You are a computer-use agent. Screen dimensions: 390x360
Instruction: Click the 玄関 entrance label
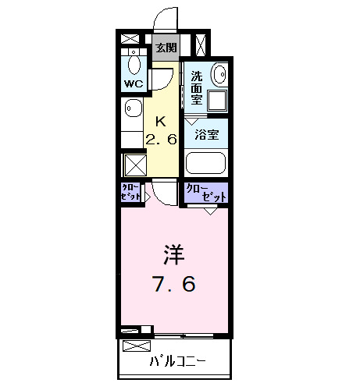[165, 48]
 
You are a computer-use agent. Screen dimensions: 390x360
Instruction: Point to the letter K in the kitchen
[161, 121]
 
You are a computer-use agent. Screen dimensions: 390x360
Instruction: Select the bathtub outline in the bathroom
[206, 163]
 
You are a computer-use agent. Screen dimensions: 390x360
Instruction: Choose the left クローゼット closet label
[131, 192]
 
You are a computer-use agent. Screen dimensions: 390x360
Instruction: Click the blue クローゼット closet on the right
[205, 193]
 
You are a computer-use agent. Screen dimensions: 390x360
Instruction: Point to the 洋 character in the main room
[173, 255]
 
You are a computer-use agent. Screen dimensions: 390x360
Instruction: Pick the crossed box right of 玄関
[201, 44]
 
